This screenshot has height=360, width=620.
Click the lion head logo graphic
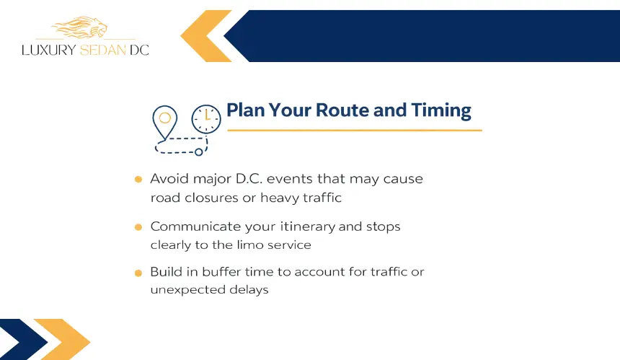coord(80,27)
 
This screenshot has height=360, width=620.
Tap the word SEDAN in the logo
coord(103,50)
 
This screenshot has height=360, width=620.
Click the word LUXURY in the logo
coord(48,50)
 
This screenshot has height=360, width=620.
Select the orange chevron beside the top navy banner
coord(206,36)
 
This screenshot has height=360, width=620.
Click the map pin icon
coord(164,123)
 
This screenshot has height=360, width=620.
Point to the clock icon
coord(206,119)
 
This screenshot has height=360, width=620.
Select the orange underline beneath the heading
coord(355,130)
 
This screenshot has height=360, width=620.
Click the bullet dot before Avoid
coord(138,179)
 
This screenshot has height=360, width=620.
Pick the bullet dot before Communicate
coord(138,227)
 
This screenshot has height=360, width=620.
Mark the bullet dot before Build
coord(138,273)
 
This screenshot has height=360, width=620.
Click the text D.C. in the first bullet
coord(249,179)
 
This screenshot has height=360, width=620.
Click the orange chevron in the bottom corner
coord(62,339)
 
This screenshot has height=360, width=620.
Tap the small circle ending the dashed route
coord(199,152)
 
